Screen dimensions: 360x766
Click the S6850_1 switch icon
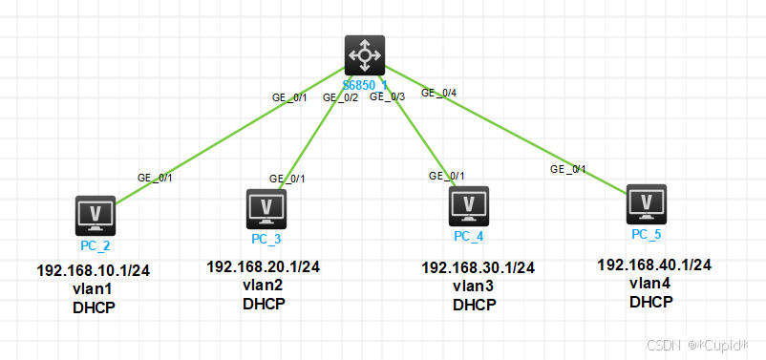pyautogui.click(x=364, y=56)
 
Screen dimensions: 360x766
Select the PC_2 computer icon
pyautogui.click(x=96, y=216)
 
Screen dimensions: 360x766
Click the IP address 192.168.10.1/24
pyautogui.click(x=94, y=271)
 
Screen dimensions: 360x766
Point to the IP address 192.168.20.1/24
pyautogui.click(x=263, y=266)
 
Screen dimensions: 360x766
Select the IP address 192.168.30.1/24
pyautogui.click(x=478, y=267)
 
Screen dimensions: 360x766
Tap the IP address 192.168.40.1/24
pyautogui.click(x=654, y=265)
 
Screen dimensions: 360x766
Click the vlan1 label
pyautogui.click(x=94, y=289)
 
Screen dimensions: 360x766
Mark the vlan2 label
pyautogui.click(x=263, y=286)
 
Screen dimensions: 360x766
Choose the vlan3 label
pyautogui.click(x=475, y=286)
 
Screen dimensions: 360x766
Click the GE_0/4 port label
pyautogui.click(x=438, y=93)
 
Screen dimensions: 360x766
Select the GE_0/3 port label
pyautogui.click(x=388, y=96)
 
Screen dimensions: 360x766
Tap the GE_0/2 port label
pyautogui.click(x=341, y=96)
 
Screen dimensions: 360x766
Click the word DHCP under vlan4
pyautogui.click(x=651, y=302)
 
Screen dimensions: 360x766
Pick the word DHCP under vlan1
pyautogui.click(x=94, y=307)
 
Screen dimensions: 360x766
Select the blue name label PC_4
pyautogui.click(x=469, y=235)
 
